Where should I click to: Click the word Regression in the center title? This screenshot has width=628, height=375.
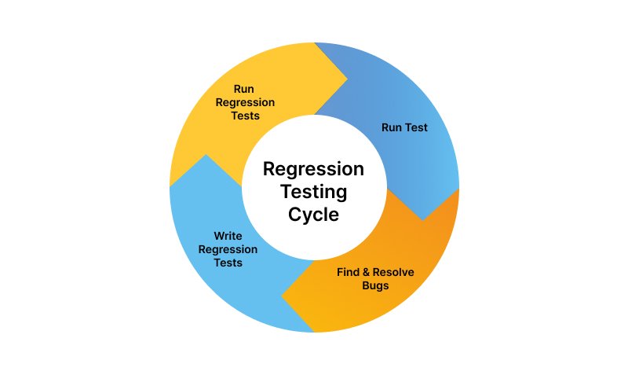[313, 170]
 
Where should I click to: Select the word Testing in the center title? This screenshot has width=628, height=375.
[313, 192]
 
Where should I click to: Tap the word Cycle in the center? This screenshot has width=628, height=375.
[313, 215]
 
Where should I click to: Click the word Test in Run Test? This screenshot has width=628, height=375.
[416, 127]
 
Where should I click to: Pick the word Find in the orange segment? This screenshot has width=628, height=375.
[349, 272]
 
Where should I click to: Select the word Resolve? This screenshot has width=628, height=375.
[395, 272]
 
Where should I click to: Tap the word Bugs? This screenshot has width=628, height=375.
[375, 285]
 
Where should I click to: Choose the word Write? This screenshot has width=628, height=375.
[228, 235]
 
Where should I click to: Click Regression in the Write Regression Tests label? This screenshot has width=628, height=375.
[228, 249]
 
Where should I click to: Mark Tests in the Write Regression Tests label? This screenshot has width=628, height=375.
[228, 263]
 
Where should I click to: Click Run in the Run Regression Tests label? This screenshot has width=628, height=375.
[244, 89]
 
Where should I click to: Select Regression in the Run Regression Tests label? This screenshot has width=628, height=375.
[244, 102]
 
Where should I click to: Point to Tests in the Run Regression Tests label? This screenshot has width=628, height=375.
[244, 116]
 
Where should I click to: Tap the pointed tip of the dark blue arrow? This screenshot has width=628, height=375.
[425, 219]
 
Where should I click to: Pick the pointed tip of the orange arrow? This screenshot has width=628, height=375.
[281, 297]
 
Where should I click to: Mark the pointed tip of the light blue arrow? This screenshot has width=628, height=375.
[205, 155]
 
